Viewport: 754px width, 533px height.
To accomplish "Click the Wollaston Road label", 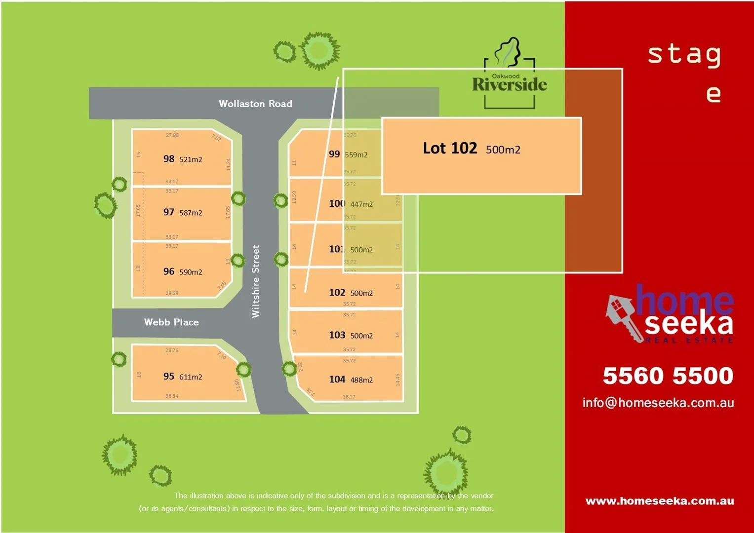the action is tap(255, 104).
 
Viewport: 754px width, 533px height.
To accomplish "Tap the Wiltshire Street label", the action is tap(255, 281).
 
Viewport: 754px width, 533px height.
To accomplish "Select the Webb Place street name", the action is tap(171, 322).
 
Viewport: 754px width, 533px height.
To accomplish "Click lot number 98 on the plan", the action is tap(169, 159).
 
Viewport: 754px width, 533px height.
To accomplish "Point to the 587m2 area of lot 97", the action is tap(191, 213).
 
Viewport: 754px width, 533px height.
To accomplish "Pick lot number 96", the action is tap(169, 271).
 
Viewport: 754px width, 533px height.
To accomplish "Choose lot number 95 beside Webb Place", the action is tap(169, 377).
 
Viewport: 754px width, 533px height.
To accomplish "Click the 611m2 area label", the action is tap(191, 377).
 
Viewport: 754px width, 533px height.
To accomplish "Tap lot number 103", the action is tap(337, 335).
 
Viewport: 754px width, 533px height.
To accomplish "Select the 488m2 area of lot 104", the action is tap(361, 380).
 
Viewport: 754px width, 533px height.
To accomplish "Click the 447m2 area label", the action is tap(361, 204).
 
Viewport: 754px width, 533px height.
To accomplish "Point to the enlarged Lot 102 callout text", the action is tap(450, 148).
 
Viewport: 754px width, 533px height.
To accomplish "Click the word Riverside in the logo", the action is tap(509, 85).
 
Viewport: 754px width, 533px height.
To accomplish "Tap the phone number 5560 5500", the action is tap(668, 376).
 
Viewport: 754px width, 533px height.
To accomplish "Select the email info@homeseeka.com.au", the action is tap(658, 403).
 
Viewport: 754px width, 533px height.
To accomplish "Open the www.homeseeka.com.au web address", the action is tap(659, 501).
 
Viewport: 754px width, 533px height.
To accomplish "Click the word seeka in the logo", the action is tap(688, 324).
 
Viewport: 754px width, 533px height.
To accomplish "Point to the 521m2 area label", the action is tap(191, 159).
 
